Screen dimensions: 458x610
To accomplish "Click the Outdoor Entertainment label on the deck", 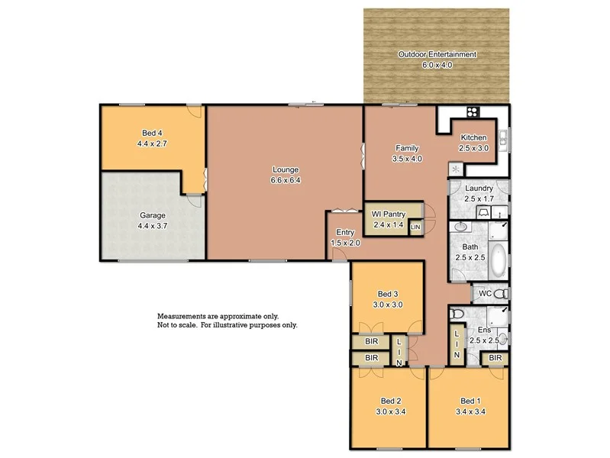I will [x=437, y=55].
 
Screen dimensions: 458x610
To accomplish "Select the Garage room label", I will [x=151, y=215].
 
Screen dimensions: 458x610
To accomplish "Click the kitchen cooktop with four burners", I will [x=472, y=111].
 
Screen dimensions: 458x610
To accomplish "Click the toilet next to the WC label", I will [x=500, y=294].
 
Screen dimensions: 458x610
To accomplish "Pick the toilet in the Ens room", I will [x=456, y=314].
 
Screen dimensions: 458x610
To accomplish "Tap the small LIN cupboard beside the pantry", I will [x=415, y=227].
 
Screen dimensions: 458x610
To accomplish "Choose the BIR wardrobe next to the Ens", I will [x=495, y=357].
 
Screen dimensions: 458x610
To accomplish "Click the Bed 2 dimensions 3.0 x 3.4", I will [x=391, y=411].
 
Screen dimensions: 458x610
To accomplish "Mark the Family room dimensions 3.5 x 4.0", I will [x=407, y=159].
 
